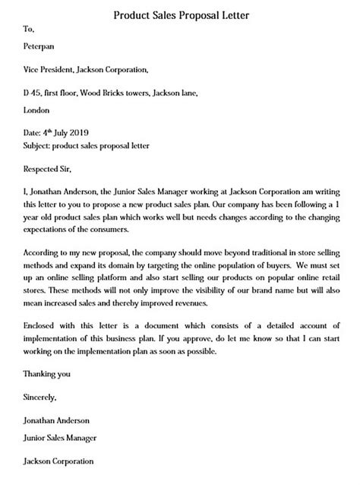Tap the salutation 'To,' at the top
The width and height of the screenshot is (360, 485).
pos(30,30)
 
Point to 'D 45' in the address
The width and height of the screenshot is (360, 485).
pos(33,94)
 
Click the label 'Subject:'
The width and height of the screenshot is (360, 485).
pos(39,144)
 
